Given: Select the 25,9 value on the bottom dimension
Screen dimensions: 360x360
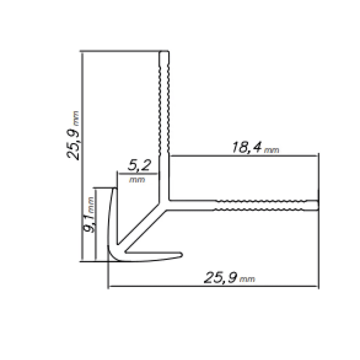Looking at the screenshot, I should [220, 278].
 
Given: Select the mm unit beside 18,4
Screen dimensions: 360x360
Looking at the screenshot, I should [271, 150].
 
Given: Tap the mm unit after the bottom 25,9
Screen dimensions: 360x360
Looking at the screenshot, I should [247, 280].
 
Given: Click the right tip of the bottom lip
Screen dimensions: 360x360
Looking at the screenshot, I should [181, 254].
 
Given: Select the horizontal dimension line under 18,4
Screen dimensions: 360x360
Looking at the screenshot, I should [243, 155].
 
